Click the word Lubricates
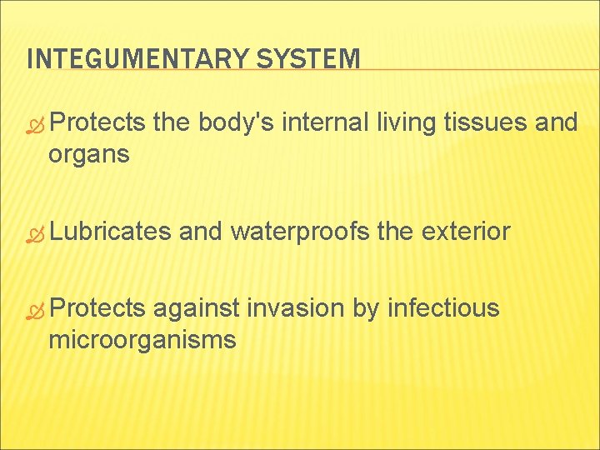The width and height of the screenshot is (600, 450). (x=110, y=232)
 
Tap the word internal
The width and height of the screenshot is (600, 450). (x=326, y=123)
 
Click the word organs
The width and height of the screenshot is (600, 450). (x=88, y=155)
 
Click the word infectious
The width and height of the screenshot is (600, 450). (x=443, y=308)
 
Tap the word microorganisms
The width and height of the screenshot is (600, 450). (x=142, y=339)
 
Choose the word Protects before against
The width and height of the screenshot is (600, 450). (x=97, y=308)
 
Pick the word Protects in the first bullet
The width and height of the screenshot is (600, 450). (x=97, y=123)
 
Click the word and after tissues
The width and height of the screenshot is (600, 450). (x=557, y=123)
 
